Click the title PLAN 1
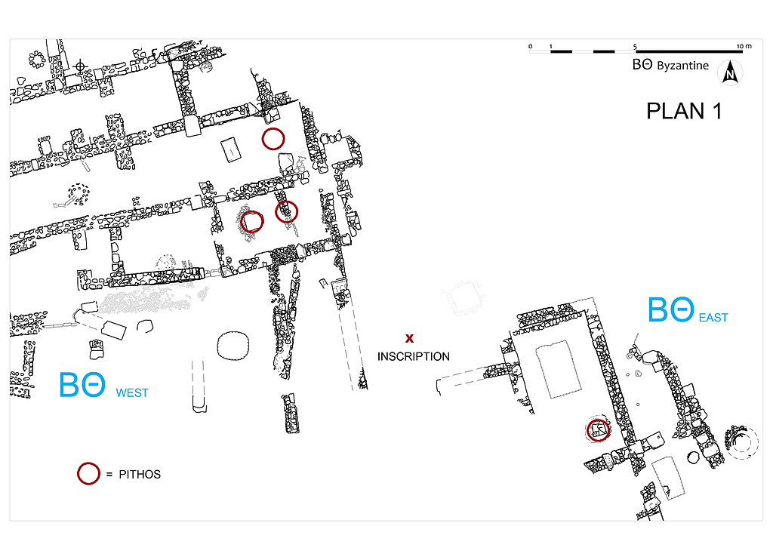[x=684, y=112]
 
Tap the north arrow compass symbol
[x=730, y=72]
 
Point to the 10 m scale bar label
[x=744, y=46]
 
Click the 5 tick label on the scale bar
[x=635, y=46]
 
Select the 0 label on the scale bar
[x=531, y=46]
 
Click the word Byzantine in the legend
[x=682, y=66]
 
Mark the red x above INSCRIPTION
[x=409, y=338]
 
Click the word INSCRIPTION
[x=413, y=356]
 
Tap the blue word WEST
[x=132, y=393]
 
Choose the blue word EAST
[x=713, y=318]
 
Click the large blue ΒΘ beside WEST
[x=82, y=384]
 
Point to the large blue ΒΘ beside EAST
[x=670, y=309]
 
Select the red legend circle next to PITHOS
[x=89, y=474]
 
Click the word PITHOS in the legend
[x=140, y=474]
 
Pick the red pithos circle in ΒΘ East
[x=598, y=429]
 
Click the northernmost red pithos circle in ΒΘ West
[x=273, y=139]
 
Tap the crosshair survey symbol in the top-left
[x=80, y=66]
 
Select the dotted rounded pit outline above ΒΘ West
[x=233, y=346]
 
